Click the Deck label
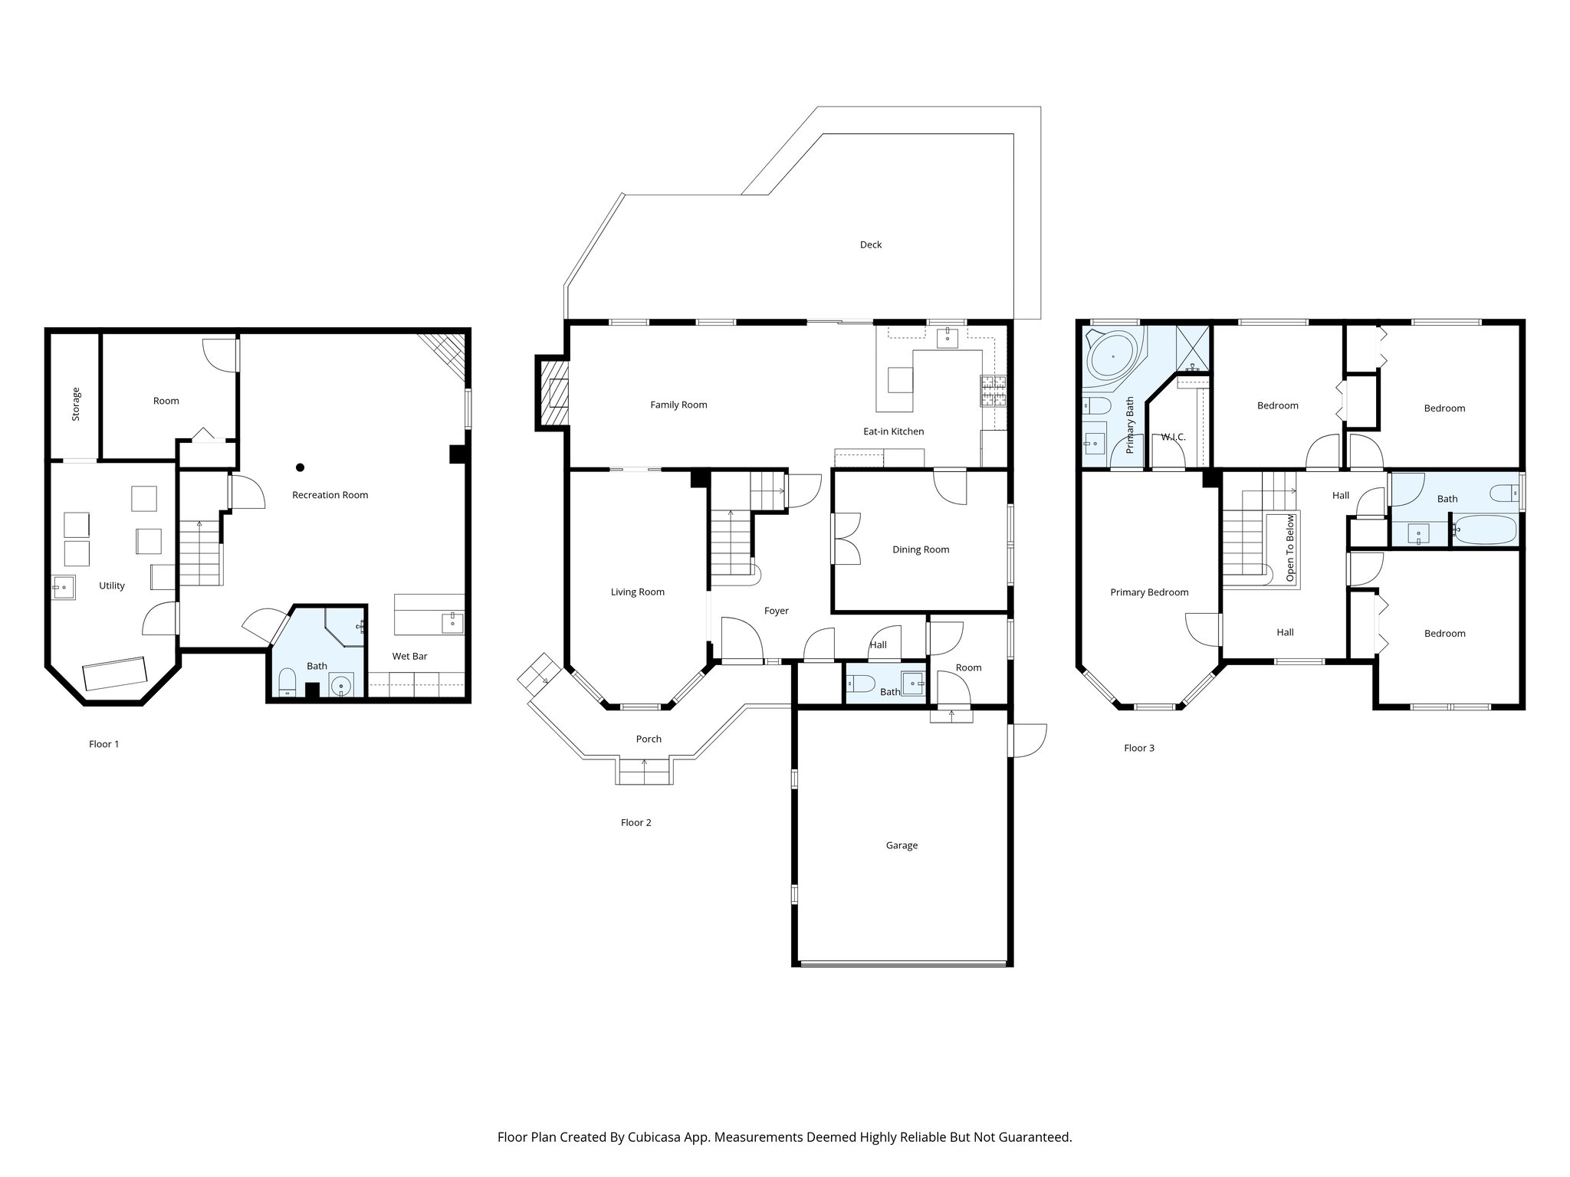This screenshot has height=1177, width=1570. pyautogui.click(x=870, y=244)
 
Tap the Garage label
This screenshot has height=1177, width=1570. pyautogui.click(x=902, y=845)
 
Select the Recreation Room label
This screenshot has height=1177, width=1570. pyautogui.click(x=330, y=495)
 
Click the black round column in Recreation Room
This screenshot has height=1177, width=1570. pyautogui.click(x=301, y=467)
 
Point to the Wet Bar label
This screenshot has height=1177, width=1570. pyautogui.click(x=409, y=656)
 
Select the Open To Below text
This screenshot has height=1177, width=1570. pyautogui.click(x=1290, y=549)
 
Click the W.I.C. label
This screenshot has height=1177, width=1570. pyautogui.click(x=1173, y=437)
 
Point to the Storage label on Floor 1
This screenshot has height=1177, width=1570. pyautogui.click(x=76, y=404)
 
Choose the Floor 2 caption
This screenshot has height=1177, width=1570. pyautogui.click(x=636, y=822)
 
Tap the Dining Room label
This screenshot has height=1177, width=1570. pyautogui.click(x=920, y=549)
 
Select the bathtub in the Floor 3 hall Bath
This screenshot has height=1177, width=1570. pyautogui.click(x=1486, y=530)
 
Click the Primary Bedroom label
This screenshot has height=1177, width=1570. pyautogui.click(x=1149, y=592)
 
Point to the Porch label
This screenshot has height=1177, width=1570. pyautogui.click(x=649, y=739)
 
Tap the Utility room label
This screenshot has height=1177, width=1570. pyautogui.click(x=112, y=585)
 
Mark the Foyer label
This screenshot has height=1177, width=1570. pyautogui.click(x=776, y=611)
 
